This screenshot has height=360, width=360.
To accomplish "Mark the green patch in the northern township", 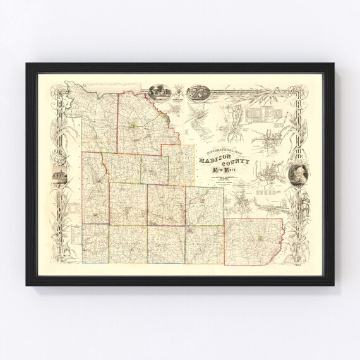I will [x=133, y=126].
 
